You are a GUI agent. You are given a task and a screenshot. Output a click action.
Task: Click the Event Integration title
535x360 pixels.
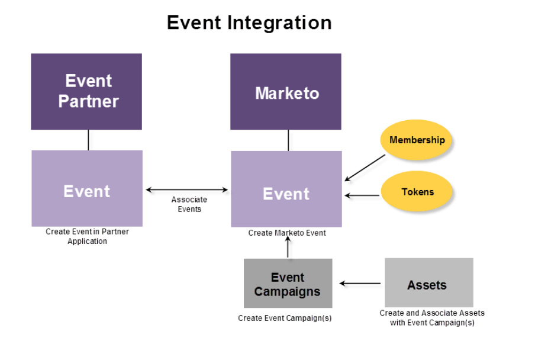pyautogui.click(x=249, y=22)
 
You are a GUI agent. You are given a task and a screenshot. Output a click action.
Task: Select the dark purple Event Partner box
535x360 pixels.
pyautogui.click(x=86, y=91)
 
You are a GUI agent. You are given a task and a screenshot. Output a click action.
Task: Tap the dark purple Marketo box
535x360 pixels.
pyautogui.click(x=286, y=92)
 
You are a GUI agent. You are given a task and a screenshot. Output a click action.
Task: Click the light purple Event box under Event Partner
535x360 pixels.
pyautogui.click(x=87, y=188)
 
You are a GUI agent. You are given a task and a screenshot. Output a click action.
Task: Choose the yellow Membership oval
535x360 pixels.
pyautogui.click(x=417, y=140)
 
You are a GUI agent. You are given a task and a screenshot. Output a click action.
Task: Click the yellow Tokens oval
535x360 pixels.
pyautogui.click(x=417, y=192)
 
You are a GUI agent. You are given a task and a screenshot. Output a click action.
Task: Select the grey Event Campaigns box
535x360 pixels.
pyautogui.click(x=288, y=284)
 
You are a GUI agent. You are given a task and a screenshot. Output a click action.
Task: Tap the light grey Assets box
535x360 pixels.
pyautogui.click(x=428, y=283)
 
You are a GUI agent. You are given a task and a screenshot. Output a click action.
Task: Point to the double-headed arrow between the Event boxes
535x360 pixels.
pyautogui.click(x=186, y=189)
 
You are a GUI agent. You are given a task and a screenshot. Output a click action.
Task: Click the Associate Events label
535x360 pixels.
pyautogui.click(x=189, y=204)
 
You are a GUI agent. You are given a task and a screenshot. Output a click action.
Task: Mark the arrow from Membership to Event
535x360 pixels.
pyautogui.click(x=365, y=168)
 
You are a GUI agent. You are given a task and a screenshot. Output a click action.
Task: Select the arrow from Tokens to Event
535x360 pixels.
pyautogui.click(x=362, y=195)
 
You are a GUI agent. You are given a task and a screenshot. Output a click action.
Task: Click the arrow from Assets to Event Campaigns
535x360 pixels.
pyautogui.click(x=360, y=284)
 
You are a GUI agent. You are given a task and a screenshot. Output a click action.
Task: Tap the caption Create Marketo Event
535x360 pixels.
pyautogui.click(x=287, y=233)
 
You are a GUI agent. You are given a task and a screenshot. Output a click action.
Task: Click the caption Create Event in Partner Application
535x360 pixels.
pyautogui.click(x=87, y=236)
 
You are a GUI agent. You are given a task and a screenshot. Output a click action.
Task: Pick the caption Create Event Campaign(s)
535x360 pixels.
pyautogui.click(x=285, y=318)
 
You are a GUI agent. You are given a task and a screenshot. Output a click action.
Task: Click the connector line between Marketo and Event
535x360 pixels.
pyautogui.click(x=288, y=140)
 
